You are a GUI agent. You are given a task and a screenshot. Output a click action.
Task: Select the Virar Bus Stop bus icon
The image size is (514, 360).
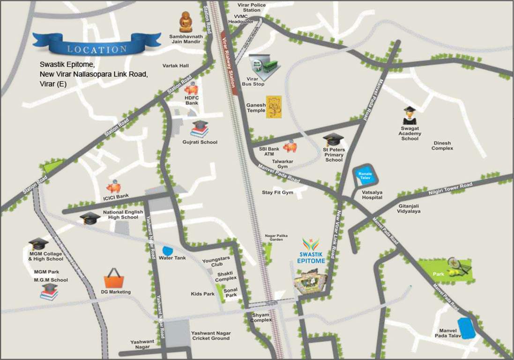pyautogui.click(x=265, y=65)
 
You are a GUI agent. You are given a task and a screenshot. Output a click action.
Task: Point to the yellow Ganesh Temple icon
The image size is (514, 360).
pyautogui.click(x=273, y=107)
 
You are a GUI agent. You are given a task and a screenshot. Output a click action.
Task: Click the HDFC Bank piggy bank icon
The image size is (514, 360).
pyautogui.click(x=192, y=89)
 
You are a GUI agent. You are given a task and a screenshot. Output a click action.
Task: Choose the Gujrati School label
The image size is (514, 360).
pyautogui.click(x=200, y=142)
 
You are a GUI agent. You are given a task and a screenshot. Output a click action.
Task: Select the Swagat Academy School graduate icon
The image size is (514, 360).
pyautogui.click(x=410, y=114)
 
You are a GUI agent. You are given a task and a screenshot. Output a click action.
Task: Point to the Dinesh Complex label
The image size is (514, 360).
pyautogui.click(x=442, y=146)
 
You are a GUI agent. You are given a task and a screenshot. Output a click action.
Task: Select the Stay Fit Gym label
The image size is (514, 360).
pyautogui.click(x=277, y=193)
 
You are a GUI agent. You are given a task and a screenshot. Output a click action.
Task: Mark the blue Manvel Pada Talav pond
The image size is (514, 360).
pyautogui.click(x=467, y=328)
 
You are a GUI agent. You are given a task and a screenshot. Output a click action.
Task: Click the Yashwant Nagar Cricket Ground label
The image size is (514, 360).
pyautogui.click(x=210, y=336)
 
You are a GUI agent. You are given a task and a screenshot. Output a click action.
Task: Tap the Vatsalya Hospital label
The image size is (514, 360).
pyautogui.click(x=372, y=195)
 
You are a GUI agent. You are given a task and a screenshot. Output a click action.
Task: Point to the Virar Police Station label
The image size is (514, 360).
pyautogui.click(x=252, y=7)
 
